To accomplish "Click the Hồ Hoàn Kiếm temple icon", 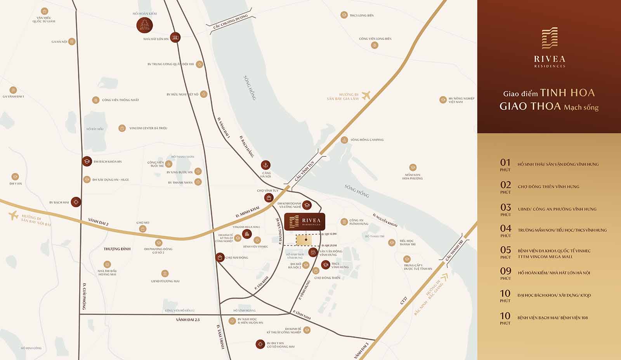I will pyautogui.click(x=144, y=26).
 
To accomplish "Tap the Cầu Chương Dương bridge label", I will pyautogui.click(x=230, y=22).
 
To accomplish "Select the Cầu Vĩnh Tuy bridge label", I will pyautogui.click(x=304, y=171).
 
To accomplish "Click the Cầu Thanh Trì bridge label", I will pyautogui.click(x=454, y=250).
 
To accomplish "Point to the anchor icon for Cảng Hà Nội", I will pyautogui.click(x=265, y=165).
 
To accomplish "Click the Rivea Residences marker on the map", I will pyautogui.click(x=305, y=221).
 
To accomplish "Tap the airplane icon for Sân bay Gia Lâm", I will pyautogui.click(x=366, y=95).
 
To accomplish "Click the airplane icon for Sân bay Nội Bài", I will pyautogui.click(x=14, y=215).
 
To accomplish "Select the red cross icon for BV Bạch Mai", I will pyautogui.click(x=76, y=202).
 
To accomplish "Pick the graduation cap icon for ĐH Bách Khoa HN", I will pyautogui.click(x=87, y=161).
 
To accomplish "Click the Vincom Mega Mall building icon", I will pyautogui.click(x=246, y=234).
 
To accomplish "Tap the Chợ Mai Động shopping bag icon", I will pyautogui.click(x=220, y=257).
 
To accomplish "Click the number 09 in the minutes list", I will pyautogui.click(x=505, y=271).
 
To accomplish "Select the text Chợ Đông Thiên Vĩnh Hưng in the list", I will pyautogui.click(x=548, y=187).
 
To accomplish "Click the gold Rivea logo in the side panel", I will pyautogui.click(x=550, y=38).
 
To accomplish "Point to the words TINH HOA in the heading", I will pyautogui.click(x=567, y=93).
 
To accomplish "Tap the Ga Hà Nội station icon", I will pyautogui.click(x=72, y=42).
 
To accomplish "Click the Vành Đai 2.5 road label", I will pyautogui.click(x=187, y=320).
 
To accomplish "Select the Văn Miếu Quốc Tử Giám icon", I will pyautogui.click(x=45, y=11).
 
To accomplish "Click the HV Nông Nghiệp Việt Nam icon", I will pyautogui.click(x=443, y=100).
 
